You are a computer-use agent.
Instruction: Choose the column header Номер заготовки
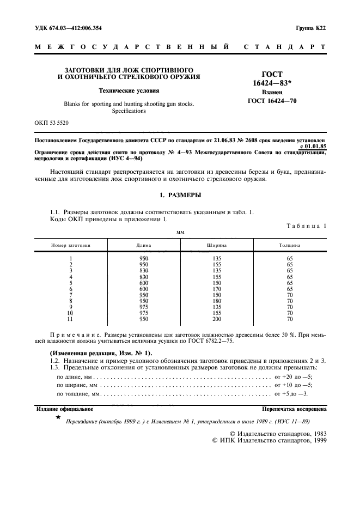(71, 245)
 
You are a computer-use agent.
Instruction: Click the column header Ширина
(217, 245)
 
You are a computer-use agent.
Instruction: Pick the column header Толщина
(289, 245)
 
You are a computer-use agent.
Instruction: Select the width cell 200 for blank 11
(217, 319)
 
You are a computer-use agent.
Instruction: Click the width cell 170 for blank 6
(217, 289)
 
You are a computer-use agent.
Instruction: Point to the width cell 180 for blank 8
(217, 301)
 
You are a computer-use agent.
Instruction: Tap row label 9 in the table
(71, 307)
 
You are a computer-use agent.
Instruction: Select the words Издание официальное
(64, 408)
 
